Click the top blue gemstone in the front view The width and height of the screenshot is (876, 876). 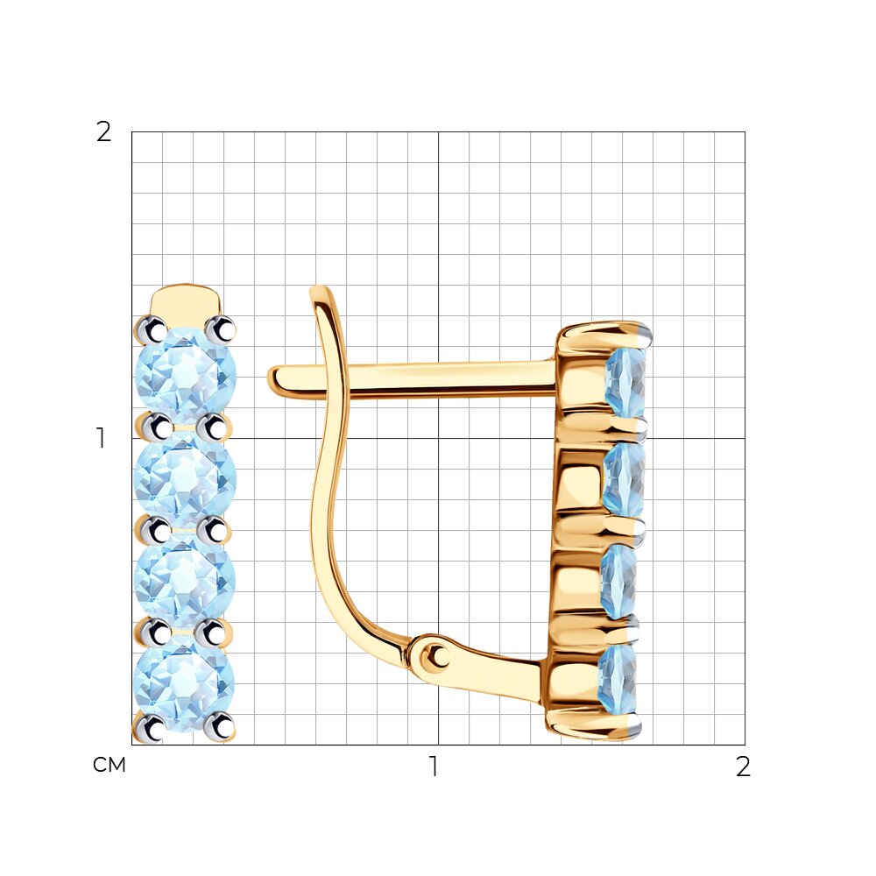coord(186,375)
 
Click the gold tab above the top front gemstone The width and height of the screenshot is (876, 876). coord(186,301)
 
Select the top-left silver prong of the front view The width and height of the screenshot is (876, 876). coord(150,331)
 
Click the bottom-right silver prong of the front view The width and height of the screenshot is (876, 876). coord(220,727)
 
